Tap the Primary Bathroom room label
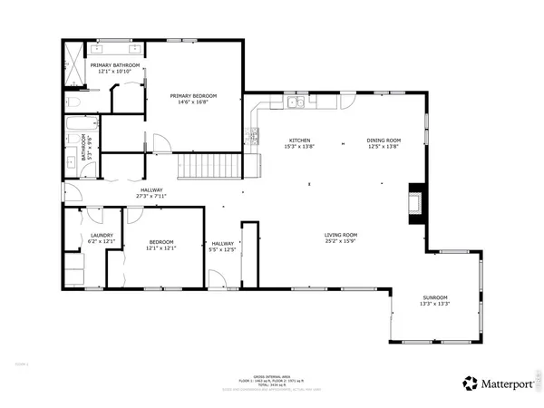[x=114, y=65]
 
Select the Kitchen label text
[x=299, y=141]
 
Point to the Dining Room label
[x=384, y=141]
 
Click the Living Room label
[x=341, y=236]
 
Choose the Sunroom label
[x=434, y=299]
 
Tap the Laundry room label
[x=101, y=236]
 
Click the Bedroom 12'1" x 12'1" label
[x=161, y=242]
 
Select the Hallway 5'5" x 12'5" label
[x=223, y=244]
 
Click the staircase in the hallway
[x=209, y=165]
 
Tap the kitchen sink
[x=296, y=103]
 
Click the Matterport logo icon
[x=471, y=383]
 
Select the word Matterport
[x=505, y=383]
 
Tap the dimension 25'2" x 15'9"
[x=341, y=241]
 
